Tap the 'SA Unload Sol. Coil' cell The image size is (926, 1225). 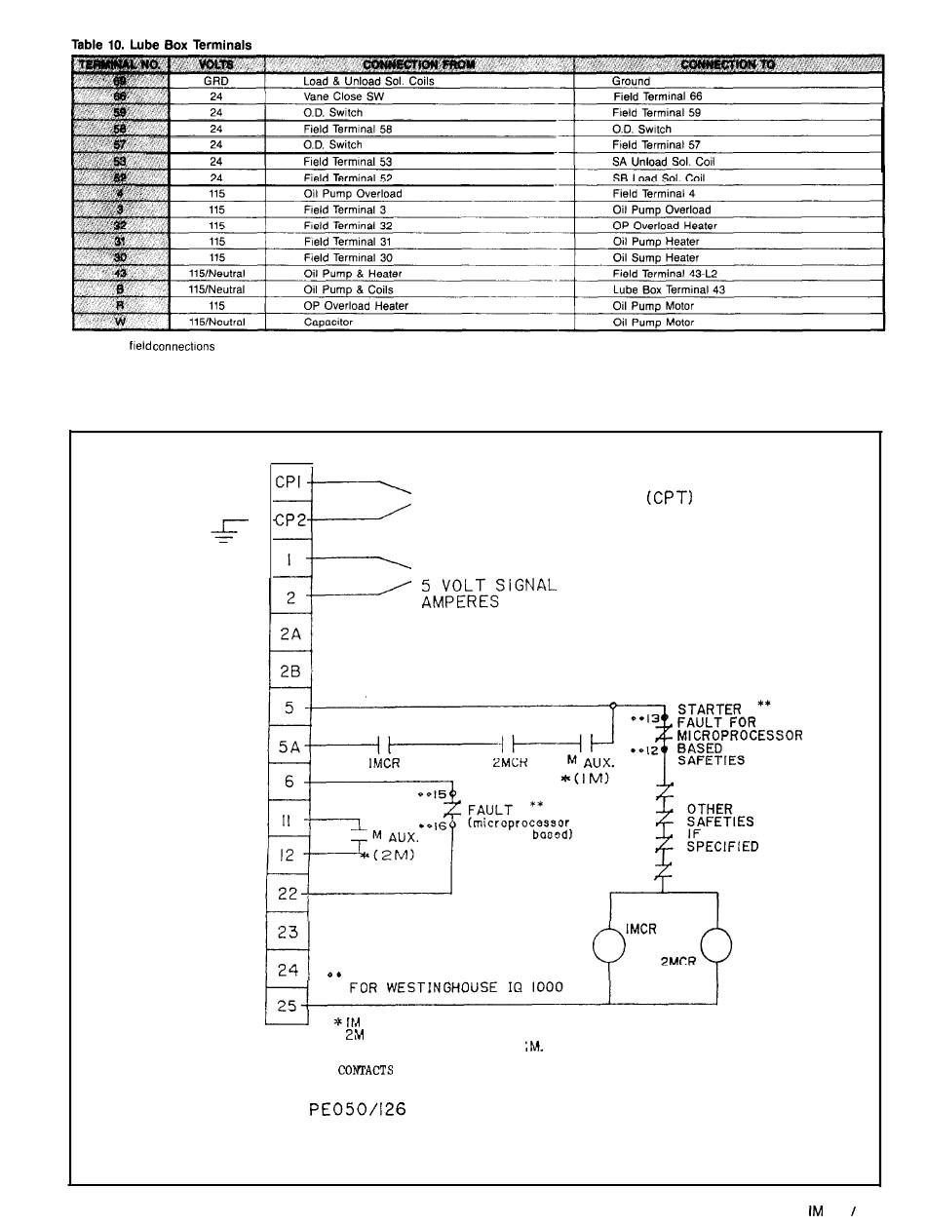tap(664, 161)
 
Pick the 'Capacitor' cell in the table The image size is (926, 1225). tap(328, 322)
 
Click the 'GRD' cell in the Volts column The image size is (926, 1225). tap(216, 81)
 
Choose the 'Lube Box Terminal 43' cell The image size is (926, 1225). tap(669, 289)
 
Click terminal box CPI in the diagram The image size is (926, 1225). tap(289, 480)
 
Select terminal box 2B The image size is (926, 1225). tap(289, 670)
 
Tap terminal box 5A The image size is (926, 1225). tap(289, 746)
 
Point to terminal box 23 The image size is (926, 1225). tap(288, 932)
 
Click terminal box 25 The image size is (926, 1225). tap(288, 1005)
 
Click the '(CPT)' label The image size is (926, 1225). tap(669, 498)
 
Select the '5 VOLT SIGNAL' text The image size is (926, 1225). tap(487, 587)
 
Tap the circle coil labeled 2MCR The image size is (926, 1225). tap(715, 944)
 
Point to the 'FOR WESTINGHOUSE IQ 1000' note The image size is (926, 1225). tap(455, 987)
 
